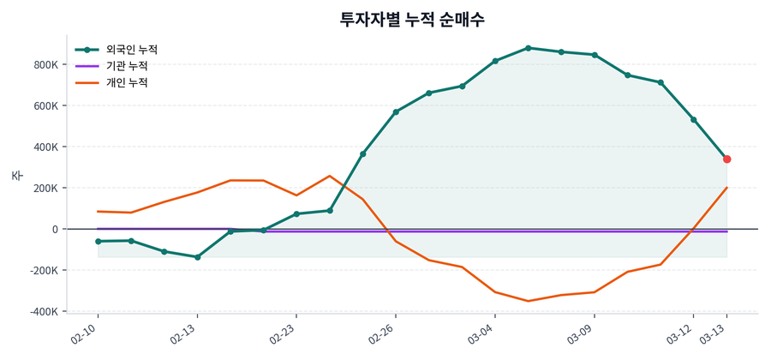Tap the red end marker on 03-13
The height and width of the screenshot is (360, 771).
point(726,159)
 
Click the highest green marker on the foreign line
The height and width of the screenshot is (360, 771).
point(529,48)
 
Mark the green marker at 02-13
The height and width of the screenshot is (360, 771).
point(198,257)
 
